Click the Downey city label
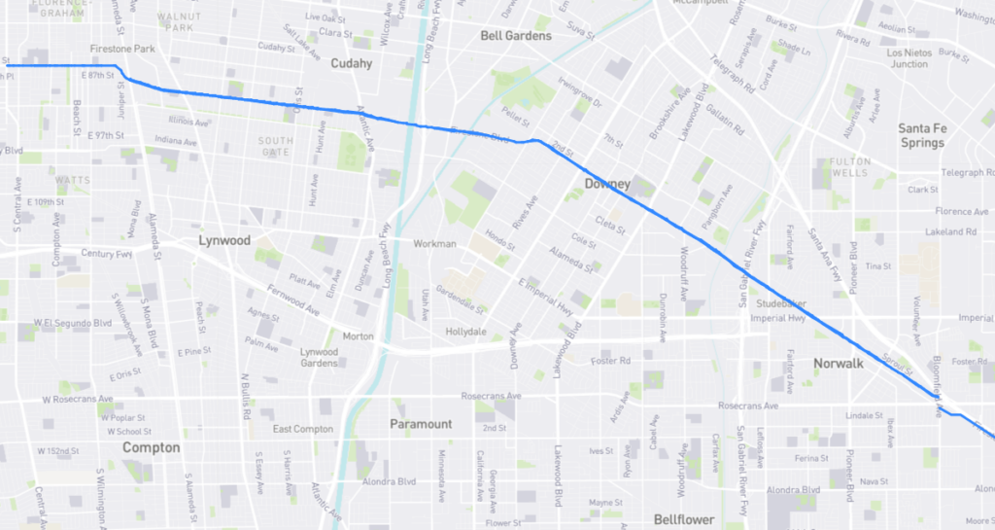(x=608, y=184)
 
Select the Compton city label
(x=151, y=447)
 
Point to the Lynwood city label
(x=224, y=240)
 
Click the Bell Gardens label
(x=516, y=36)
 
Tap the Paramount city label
(x=421, y=424)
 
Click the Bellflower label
(x=684, y=520)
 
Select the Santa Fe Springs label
(x=921, y=135)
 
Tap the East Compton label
(x=303, y=429)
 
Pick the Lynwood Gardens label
(x=319, y=357)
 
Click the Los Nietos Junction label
(x=909, y=58)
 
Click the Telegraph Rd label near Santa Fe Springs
(x=968, y=173)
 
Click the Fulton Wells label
(x=849, y=167)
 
